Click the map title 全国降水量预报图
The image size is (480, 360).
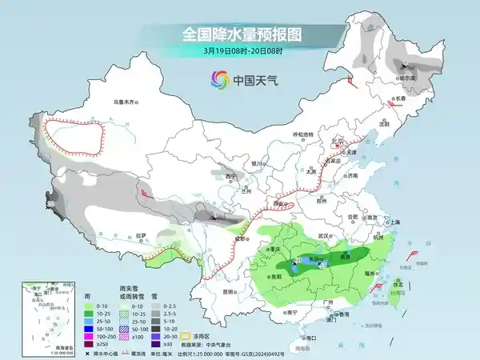(x=240, y=34)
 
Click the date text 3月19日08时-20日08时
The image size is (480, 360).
(x=240, y=52)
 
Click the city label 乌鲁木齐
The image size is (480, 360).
(x=126, y=102)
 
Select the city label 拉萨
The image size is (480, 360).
(x=142, y=235)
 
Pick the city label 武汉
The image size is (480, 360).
(x=323, y=236)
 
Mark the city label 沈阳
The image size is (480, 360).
(x=389, y=124)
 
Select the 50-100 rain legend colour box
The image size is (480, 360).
(x=78, y=328)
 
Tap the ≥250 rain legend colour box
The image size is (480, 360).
(x=78, y=344)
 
